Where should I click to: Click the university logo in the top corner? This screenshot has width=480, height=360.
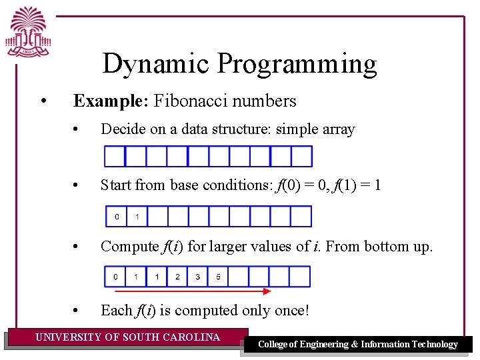[30, 31]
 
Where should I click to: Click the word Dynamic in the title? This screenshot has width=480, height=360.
[157, 64]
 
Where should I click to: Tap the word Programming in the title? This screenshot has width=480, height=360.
[297, 65]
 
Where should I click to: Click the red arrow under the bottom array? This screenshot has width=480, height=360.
[193, 291]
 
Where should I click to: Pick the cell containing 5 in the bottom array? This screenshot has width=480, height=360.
[219, 277]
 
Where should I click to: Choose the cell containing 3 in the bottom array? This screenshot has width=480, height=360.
[198, 277]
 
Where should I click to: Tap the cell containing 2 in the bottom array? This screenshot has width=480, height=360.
[177, 277]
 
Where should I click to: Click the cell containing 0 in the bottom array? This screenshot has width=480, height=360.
[116, 277]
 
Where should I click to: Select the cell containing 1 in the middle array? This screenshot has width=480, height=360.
[137, 217]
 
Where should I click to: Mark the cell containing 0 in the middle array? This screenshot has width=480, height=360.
[117, 217]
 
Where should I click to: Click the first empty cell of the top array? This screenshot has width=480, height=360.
[116, 156]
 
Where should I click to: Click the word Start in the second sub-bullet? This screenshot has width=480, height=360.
[116, 185]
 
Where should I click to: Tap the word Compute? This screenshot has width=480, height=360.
[129, 247]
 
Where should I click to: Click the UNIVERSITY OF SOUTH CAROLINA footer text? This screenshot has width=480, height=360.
[127, 337]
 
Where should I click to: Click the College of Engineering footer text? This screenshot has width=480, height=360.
[357, 345]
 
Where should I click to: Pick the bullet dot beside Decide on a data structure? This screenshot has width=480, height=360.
[78, 129]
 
